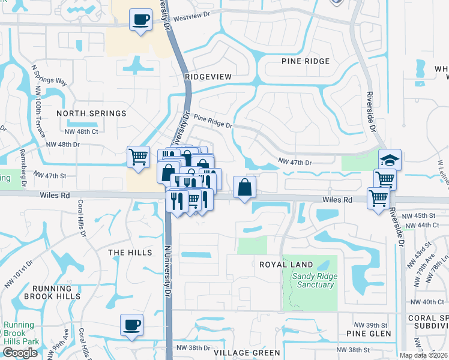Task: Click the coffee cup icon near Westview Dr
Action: click(x=142, y=20)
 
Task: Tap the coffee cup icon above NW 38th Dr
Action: click(x=131, y=326)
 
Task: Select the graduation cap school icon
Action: click(x=390, y=160)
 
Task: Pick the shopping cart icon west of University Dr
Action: click(x=139, y=157)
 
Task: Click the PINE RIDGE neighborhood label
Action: click(x=305, y=61)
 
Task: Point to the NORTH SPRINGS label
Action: click(x=91, y=113)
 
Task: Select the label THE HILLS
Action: click(x=130, y=253)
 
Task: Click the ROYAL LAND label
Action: click(x=286, y=265)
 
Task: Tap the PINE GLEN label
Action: click(x=369, y=333)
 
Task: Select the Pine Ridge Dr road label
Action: click(x=212, y=122)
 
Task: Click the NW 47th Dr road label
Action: click(x=295, y=162)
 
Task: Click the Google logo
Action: click(x=20, y=353)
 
